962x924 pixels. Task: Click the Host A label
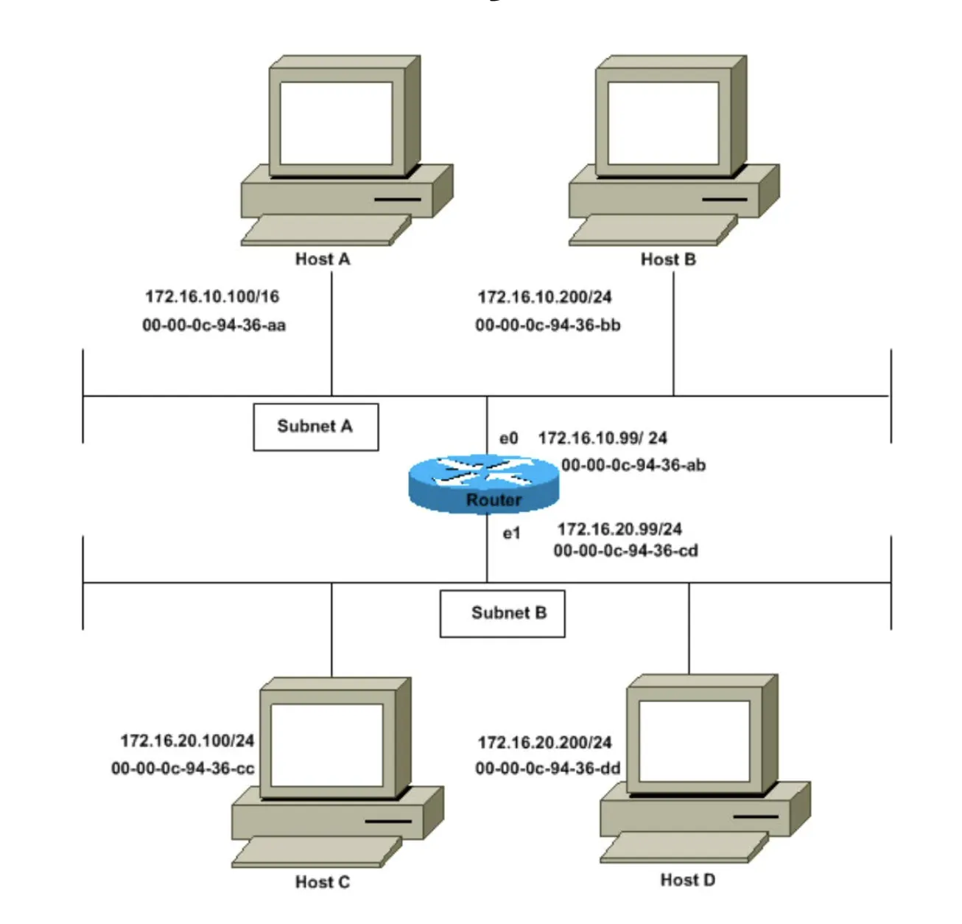click(x=323, y=259)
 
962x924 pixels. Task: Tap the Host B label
click(x=668, y=259)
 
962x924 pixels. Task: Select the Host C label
click(x=323, y=881)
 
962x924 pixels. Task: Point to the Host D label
click(x=688, y=880)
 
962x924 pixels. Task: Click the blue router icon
click(x=483, y=483)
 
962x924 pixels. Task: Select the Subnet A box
click(x=316, y=427)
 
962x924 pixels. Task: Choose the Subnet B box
click(x=502, y=614)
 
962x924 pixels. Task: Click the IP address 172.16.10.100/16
click(x=212, y=297)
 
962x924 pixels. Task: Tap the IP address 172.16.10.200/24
click(x=544, y=297)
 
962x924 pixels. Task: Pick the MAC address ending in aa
click(x=214, y=325)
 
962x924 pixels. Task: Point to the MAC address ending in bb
click(x=548, y=325)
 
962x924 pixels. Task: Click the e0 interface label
click(x=509, y=438)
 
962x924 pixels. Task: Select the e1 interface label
click(x=512, y=533)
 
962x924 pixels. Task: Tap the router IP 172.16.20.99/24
click(x=619, y=530)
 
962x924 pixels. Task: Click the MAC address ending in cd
click(x=625, y=550)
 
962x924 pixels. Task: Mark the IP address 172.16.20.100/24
click(x=187, y=741)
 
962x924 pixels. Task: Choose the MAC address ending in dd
click(x=548, y=769)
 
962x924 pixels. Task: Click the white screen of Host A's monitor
click(x=336, y=123)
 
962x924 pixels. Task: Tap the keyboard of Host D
click(x=684, y=847)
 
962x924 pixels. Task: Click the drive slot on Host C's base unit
click(x=388, y=821)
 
